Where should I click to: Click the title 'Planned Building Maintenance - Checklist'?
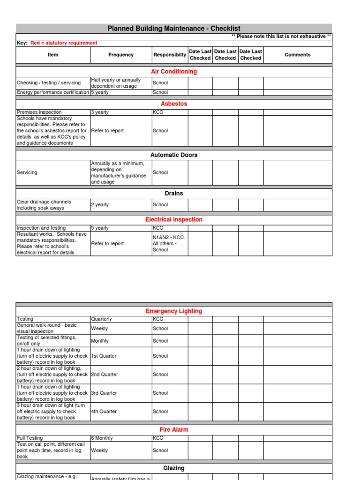click(174, 29)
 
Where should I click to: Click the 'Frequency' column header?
click(121, 55)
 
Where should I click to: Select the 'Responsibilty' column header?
click(169, 55)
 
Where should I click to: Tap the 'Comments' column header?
click(298, 55)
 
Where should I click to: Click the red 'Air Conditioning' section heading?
click(174, 72)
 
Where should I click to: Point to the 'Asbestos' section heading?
click(174, 104)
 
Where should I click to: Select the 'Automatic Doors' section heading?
click(174, 155)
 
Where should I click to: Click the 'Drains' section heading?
click(174, 193)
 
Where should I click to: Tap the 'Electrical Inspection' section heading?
click(174, 219)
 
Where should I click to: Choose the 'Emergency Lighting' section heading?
click(174, 311)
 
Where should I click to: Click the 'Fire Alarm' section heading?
click(174, 429)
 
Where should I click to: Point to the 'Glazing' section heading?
click(174, 468)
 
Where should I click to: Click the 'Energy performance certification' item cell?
click(53, 92)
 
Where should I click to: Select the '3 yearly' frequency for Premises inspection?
click(100, 112)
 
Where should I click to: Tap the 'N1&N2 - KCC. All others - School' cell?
click(169, 243)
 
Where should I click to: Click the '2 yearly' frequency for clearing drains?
click(100, 205)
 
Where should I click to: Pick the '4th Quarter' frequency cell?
click(105, 412)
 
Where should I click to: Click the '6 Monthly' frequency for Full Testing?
click(102, 438)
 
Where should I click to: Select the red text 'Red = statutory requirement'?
click(64, 43)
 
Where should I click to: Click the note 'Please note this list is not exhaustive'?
click(281, 36)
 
